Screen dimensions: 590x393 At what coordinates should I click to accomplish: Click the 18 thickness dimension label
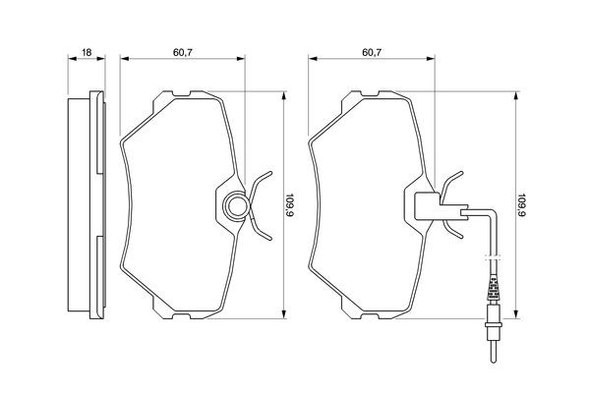pos(87,52)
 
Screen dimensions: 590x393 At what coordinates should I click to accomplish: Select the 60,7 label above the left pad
pos(183,52)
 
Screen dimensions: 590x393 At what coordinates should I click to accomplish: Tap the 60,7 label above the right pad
pos(372,52)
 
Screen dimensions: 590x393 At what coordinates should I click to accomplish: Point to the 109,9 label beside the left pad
pos(290,205)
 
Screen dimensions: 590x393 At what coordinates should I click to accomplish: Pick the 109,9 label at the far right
pos(522,205)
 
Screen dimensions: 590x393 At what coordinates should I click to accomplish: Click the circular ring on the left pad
pos(236,205)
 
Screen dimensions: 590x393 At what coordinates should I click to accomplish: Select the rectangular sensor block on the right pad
pos(427,206)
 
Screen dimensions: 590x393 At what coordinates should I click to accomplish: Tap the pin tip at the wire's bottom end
pos(494,361)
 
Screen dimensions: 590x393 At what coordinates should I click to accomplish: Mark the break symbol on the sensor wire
pos(494,258)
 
